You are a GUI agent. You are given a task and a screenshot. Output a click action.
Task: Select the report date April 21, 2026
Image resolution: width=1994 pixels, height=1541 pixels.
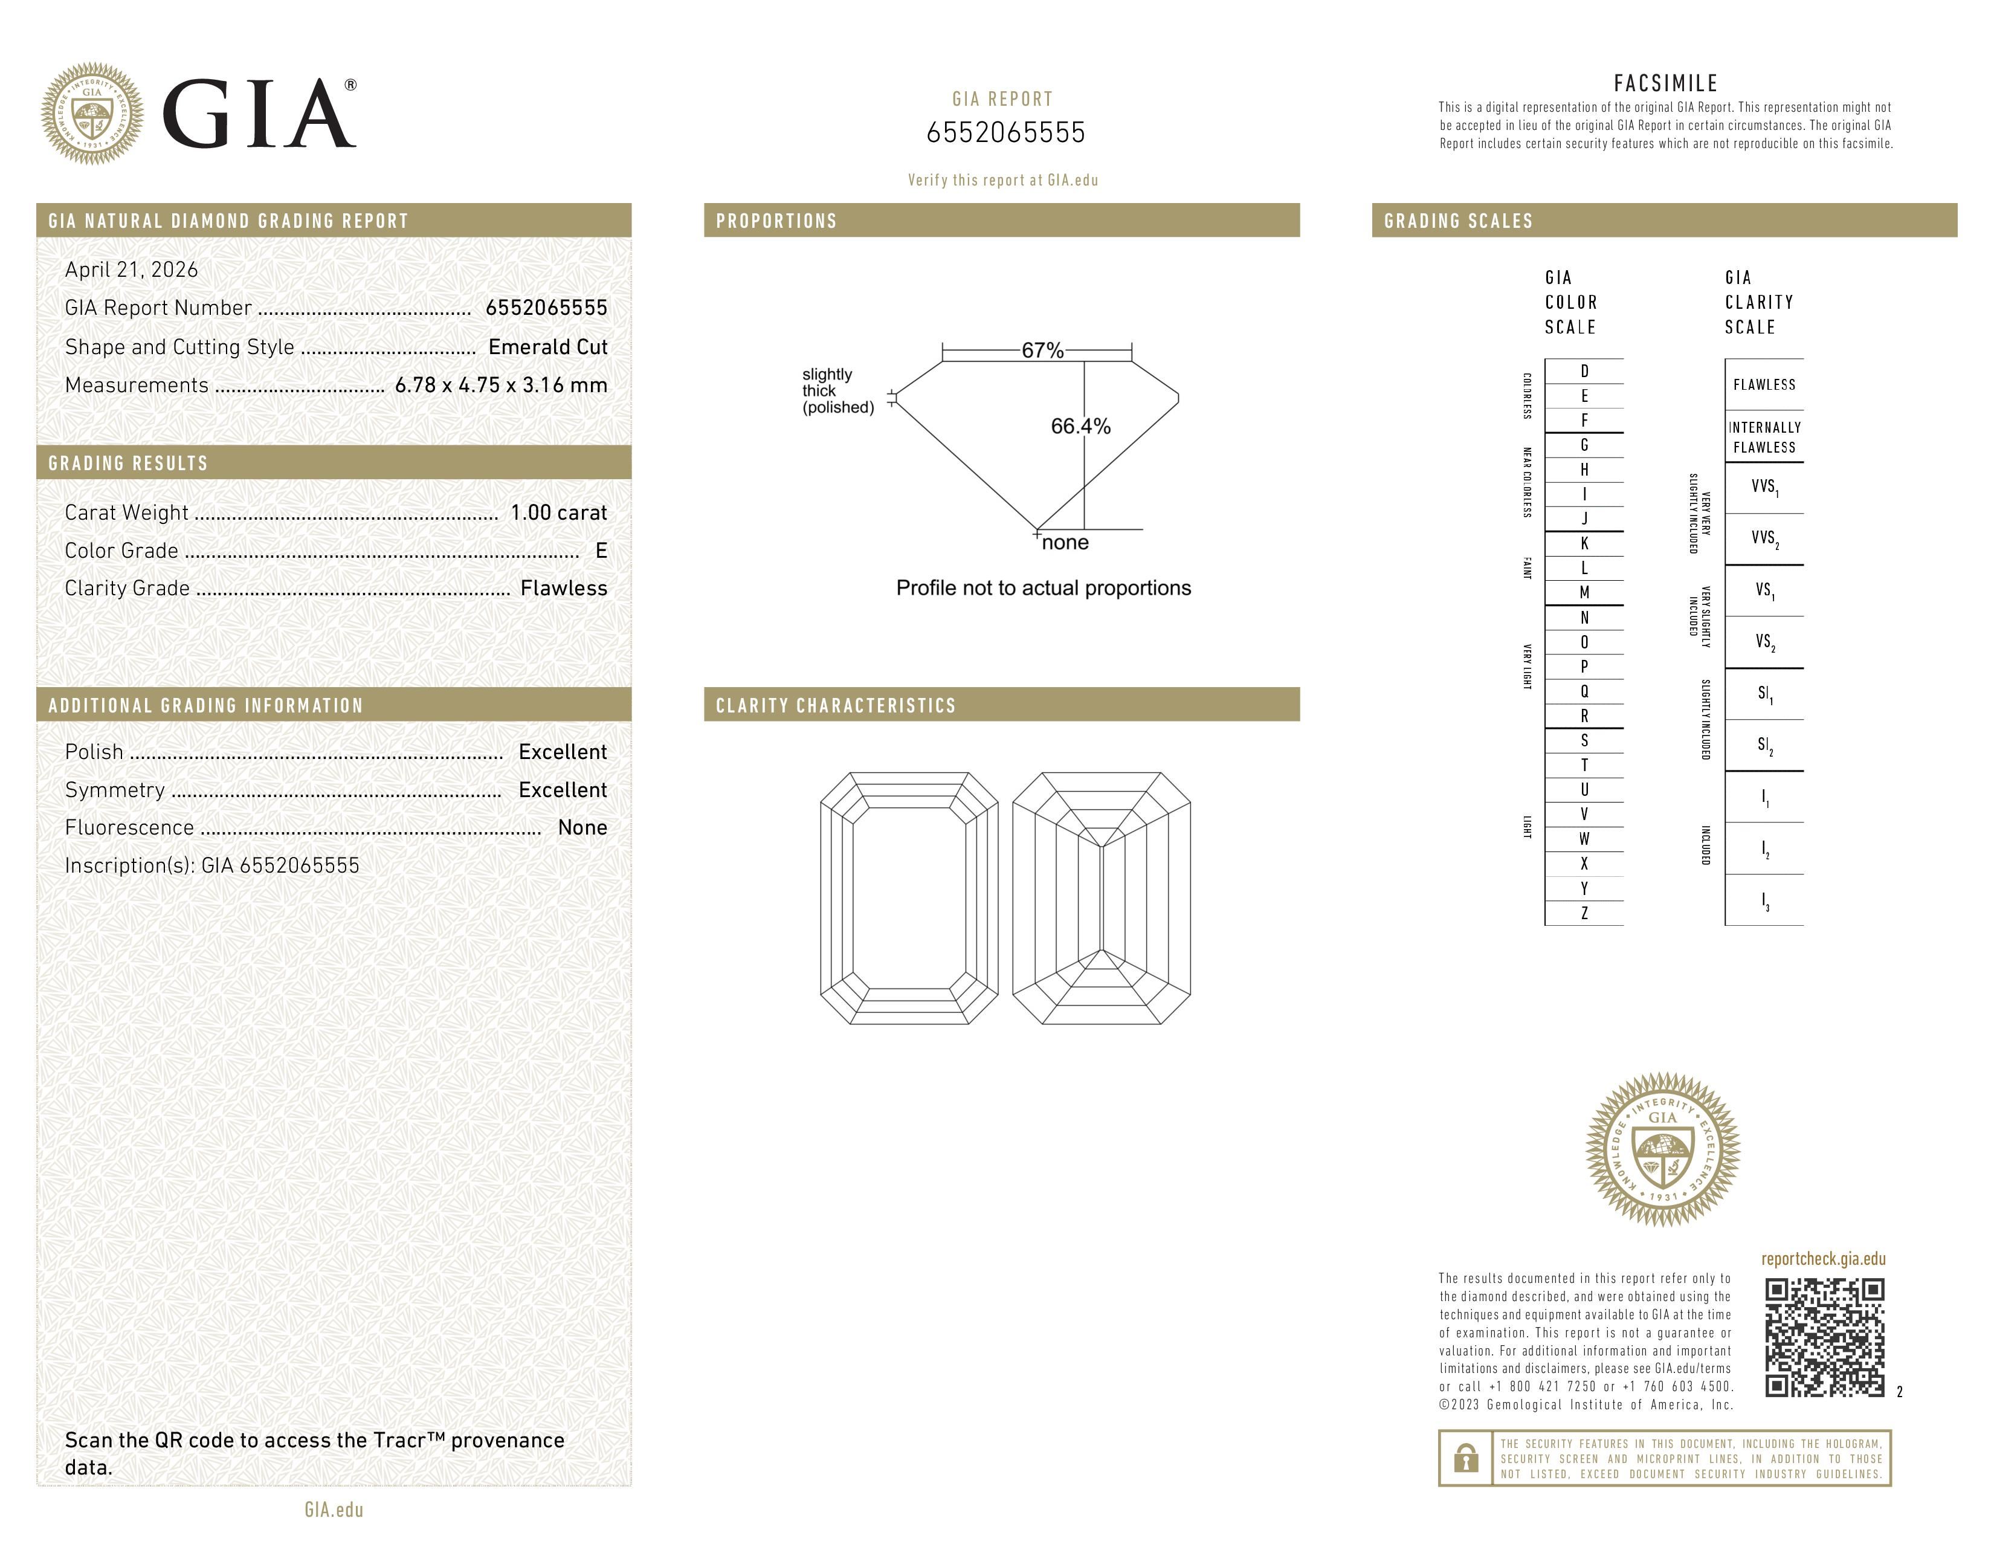point(132,270)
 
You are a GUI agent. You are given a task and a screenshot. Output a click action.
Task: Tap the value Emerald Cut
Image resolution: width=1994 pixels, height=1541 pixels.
point(548,347)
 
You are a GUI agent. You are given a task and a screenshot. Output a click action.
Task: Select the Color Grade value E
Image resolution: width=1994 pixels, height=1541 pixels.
point(601,551)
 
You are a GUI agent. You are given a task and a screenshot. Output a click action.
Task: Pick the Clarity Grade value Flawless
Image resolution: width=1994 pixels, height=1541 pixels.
point(563,589)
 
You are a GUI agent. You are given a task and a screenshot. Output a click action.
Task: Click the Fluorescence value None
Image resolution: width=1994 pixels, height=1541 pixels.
point(582,828)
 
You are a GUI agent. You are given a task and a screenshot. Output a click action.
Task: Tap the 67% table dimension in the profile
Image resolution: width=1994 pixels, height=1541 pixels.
point(1042,351)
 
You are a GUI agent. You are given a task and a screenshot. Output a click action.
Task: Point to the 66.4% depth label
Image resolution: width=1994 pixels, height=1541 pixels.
point(1080,426)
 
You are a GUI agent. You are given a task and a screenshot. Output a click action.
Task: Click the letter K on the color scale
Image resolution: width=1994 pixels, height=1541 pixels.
point(1584,543)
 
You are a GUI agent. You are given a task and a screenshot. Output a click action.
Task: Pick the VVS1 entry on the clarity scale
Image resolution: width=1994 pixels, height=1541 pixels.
point(1764,488)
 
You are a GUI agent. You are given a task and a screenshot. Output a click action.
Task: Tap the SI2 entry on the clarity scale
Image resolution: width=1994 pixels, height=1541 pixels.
point(1764,746)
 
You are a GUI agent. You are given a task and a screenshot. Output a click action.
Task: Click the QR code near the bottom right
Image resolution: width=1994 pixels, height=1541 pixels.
point(1823,1337)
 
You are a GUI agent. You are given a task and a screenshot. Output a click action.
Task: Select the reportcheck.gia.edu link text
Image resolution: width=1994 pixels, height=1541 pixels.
point(1823,1259)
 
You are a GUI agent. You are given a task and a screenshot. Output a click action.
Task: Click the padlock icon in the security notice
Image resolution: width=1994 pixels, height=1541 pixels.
point(1465,1458)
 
